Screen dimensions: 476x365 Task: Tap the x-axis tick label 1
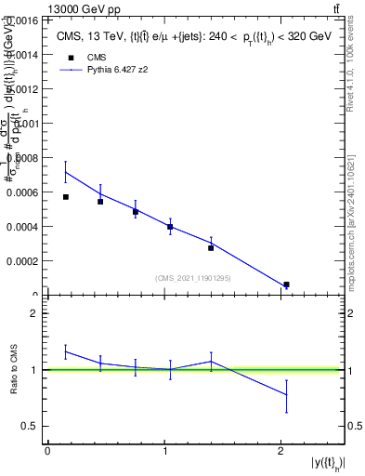[x=164, y=451]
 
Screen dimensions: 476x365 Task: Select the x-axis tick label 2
[x=281, y=451]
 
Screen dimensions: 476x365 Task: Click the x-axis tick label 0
[x=47, y=451]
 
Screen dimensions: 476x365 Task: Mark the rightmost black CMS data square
[x=286, y=284]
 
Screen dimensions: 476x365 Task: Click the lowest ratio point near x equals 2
[x=286, y=395]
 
